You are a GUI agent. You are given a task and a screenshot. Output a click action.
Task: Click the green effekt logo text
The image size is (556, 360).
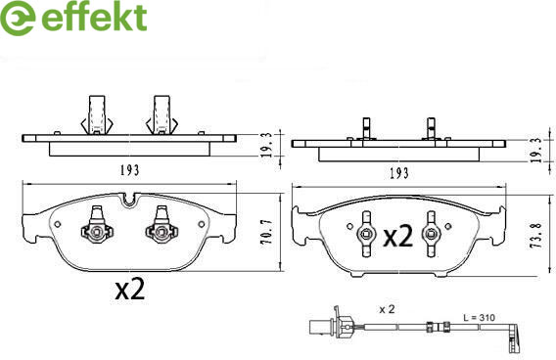click(x=94, y=17)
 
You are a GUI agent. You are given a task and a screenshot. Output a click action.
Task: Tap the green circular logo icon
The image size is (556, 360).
click(x=17, y=18)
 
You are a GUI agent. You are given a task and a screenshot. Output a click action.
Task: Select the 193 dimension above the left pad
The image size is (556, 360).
click(x=129, y=171)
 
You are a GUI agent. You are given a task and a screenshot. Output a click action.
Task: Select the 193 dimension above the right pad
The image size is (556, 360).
click(x=399, y=173)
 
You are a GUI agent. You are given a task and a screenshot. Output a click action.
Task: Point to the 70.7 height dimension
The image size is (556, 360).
click(x=266, y=232)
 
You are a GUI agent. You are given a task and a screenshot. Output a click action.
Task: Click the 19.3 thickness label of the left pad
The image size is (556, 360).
click(x=266, y=145)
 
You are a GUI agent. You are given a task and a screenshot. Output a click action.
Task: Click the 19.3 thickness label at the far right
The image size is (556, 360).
click(x=536, y=151)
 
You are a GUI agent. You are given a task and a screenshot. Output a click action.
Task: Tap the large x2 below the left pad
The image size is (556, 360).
click(x=130, y=289)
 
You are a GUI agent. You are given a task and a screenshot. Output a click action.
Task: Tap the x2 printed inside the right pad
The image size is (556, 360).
click(x=398, y=236)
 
